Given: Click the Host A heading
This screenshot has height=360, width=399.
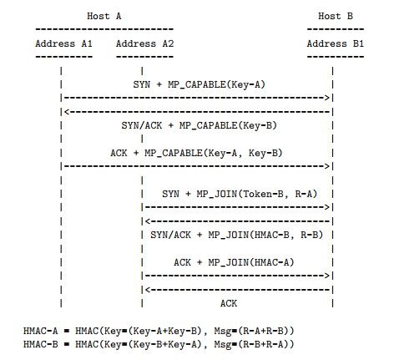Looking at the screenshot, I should pyautogui.click(x=104, y=16).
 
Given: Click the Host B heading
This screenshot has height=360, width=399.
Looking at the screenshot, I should pyautogui.click(x=334, y=16).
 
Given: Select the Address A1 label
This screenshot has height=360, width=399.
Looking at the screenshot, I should pyautogui.click(x=63, y=43).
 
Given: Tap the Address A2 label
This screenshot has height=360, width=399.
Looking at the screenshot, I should pyautogui.click(x=144, y=43).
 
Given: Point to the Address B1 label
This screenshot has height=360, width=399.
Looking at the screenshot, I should pyautogui.click(x=334, y=43).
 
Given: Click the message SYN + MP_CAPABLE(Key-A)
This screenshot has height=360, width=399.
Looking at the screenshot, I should pyautogui.click(x=199, y=84).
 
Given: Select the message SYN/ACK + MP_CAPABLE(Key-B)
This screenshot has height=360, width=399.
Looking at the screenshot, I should pyautogui.click(x=199, y=125).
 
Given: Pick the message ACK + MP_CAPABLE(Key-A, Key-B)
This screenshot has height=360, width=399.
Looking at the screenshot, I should pyautogui.click(x=196, y=153).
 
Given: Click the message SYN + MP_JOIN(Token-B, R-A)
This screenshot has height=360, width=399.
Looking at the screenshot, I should pyautogui.click(x=239, y=194).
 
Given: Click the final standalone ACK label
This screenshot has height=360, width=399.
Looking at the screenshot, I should pyautogui.click(x=228, y=302).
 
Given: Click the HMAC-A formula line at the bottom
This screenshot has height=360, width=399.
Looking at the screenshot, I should pyautogui.click(x=158, y=331).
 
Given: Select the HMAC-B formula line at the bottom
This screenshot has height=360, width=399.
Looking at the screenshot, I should pyautogui.click(x=158, y=343).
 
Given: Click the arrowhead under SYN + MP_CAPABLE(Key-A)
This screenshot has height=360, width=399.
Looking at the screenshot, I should pyautogui.click(x=331, y=98).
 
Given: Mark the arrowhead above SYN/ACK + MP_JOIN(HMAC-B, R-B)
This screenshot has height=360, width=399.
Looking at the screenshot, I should pyautogui.click(x=147, y=221).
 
